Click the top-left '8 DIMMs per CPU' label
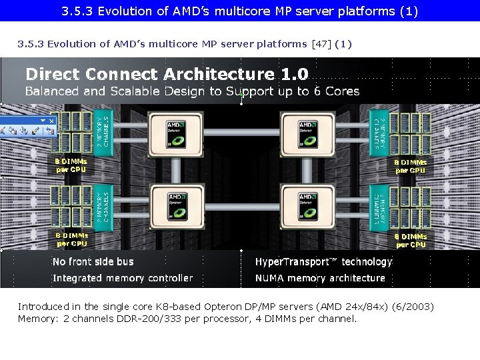[71, 165]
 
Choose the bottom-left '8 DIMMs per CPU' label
[71, 239]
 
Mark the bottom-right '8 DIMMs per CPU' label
[411, 240]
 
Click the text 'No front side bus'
[93, 262]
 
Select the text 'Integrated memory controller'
[123, 278]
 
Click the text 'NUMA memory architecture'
[320, 278]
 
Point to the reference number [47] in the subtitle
[319, 44]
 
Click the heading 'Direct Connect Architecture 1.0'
[167, 74]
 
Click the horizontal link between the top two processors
[238, 129]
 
